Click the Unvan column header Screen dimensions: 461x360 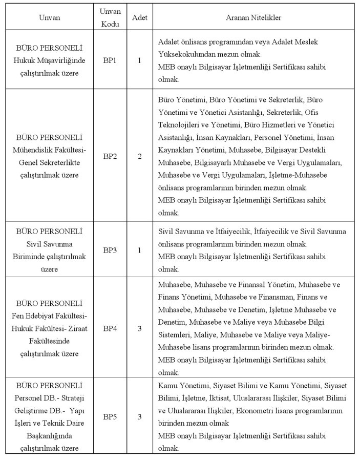click(x=50, y=17)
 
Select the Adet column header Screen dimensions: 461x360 click(x=139, y=17)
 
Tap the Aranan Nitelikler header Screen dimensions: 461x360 click(x=253, y=17)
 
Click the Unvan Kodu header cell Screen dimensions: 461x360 click(x=110, y=17)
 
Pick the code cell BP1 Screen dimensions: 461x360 click(x=110, y=60)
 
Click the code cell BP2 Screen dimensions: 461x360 click(x=110, y=156)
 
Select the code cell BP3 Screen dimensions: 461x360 click(x=110, y=250)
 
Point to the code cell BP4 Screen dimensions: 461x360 click(x=110, y=328)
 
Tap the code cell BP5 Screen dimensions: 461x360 click(x=110, y=416)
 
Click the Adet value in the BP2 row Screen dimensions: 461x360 click(x=139, y=156)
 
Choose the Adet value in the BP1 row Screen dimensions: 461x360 click(x=139, y=60)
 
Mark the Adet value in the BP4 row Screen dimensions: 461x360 click(x=139, y=328)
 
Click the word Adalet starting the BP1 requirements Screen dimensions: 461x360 click(x=169, y=41)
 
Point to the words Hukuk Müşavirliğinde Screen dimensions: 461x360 click(x=50, y=60)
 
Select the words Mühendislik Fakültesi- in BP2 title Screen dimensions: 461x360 click(x=50, y=150)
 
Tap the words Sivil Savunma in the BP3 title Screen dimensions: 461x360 click(x=50, y=243)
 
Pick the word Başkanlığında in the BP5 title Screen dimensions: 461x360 click(x=50, y=436)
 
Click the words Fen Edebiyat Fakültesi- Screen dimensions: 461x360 click(x=50, y=315)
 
